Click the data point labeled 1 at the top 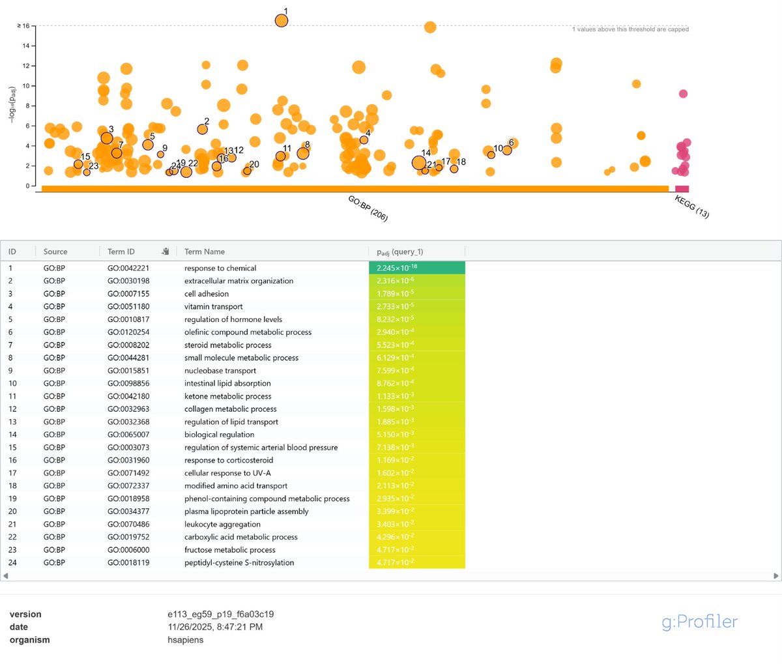click(x=282, y=21)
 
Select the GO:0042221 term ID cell click(x=128, y=268)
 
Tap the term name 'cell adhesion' click(x=207, y=294)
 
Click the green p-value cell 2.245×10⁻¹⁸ click(x=416, y=268)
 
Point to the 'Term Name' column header click(x=204, y=252)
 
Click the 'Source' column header click(x=55, y=252)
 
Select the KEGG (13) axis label click(x=691, y=207)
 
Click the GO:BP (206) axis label click(x=368, y=209)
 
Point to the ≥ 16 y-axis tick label click(x=23, y=26)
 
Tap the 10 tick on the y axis click(x=26, y=86)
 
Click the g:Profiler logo click(x=699, y=622)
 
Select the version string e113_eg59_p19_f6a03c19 click(x=220, y=614)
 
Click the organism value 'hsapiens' click(x=185, y=640)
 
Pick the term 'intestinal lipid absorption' click(x=227, y=384)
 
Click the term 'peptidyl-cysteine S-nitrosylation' click(x=239, y=563)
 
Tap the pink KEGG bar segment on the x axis click(x=682, y=189)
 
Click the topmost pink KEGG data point click(x=683, y=94)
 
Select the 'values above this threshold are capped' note click(x=630, y=29)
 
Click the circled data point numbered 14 click(x=419, y=163)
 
